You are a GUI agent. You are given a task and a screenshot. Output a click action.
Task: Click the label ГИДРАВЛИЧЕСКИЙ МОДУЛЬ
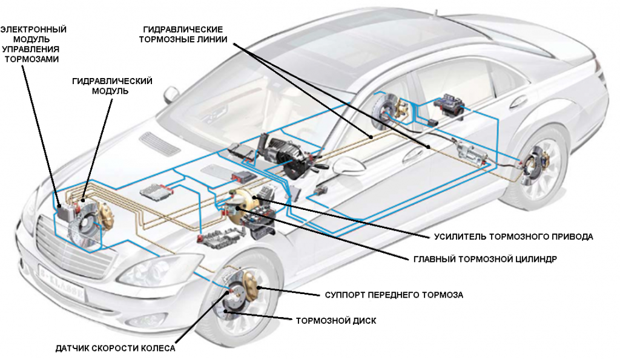pyautogui.click(x=111, y=85)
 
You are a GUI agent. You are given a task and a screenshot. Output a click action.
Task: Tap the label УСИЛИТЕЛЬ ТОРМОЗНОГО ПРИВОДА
pyautogui.click(x=512, y=237)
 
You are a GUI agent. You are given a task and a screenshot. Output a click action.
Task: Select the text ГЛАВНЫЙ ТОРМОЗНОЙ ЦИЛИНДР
pyautogui.click(x=484, y=258)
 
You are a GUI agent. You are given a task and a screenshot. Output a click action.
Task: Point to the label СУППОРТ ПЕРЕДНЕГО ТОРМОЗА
pyautogui.click(x=394, y=295)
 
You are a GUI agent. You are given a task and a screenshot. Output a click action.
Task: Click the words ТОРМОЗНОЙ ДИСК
pyautogui.click(x=335, y=321)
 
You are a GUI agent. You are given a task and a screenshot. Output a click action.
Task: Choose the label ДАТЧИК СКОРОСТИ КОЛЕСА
pyautogui.click(x=114, y=349)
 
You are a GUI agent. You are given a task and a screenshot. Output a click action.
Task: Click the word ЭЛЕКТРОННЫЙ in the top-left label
pyautogui.click(x=33, y=29)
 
